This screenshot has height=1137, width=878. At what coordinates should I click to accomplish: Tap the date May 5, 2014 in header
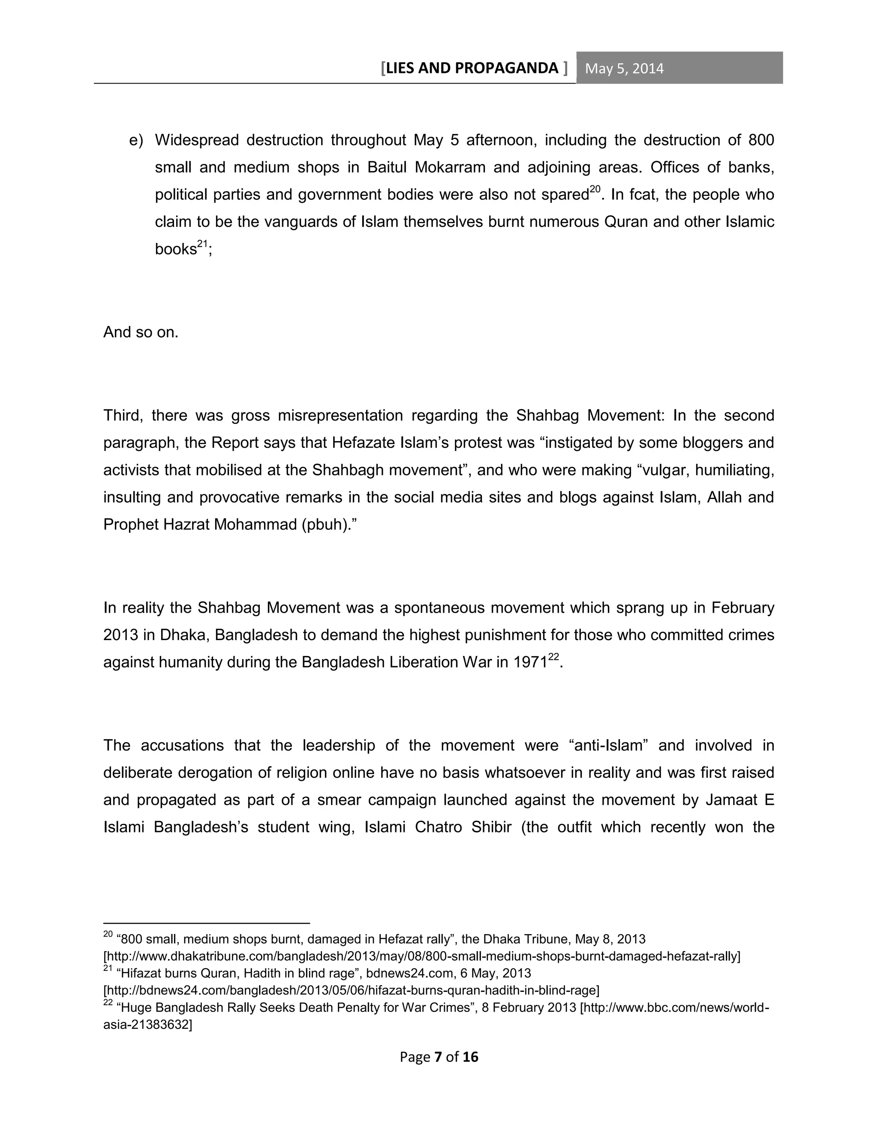coord(624,69)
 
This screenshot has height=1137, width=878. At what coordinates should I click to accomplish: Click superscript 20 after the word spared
coord(595,190)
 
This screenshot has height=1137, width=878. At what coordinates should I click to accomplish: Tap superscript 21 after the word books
coord(202,244)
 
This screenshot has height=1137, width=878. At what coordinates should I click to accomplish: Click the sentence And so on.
coord(141,332)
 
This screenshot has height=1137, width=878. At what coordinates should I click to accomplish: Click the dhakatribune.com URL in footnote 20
coord(421,956)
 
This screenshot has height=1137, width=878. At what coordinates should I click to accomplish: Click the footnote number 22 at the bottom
coord(108,1003)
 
